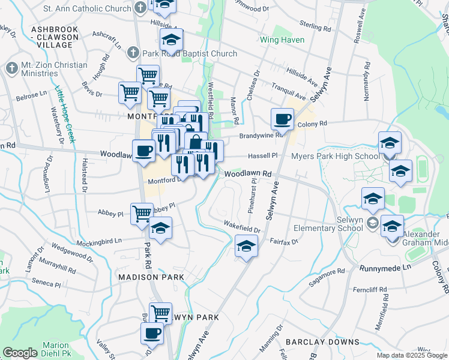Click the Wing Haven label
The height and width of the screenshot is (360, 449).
click(x=282, y=40)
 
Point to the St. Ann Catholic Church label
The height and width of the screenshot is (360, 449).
click(x=88, y=9)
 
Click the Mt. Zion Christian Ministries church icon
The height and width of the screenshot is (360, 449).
click(x=11, y=68)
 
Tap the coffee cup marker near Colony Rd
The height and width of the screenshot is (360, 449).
click(x=282, y=119)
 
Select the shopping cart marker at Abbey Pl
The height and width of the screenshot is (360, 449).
click(x=142, y=213)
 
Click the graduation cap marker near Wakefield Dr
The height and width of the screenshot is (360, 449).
click(x=246, y=246)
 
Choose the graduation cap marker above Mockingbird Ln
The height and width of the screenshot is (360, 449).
click(x=160, y=228)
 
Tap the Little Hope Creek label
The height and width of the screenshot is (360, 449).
click(x=65, y=114)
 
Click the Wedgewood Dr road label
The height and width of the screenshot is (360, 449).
click(x=73, y=253)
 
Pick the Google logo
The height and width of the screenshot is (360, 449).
click(x=20, y=353)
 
